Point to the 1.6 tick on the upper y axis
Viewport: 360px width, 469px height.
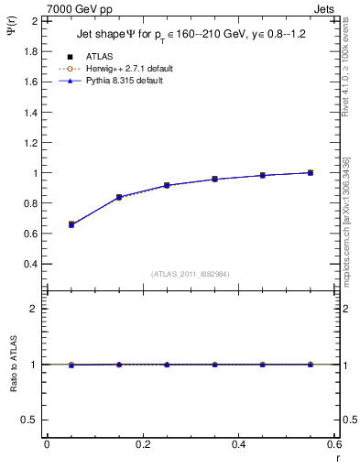[x=30, y=82]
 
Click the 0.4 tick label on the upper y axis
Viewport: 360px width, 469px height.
[x=30, y=264]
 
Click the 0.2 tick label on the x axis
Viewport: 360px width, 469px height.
[x=142, y=444]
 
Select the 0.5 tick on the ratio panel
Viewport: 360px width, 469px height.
[x=30, y=420]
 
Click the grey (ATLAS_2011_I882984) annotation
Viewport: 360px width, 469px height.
[x=191, y=274]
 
